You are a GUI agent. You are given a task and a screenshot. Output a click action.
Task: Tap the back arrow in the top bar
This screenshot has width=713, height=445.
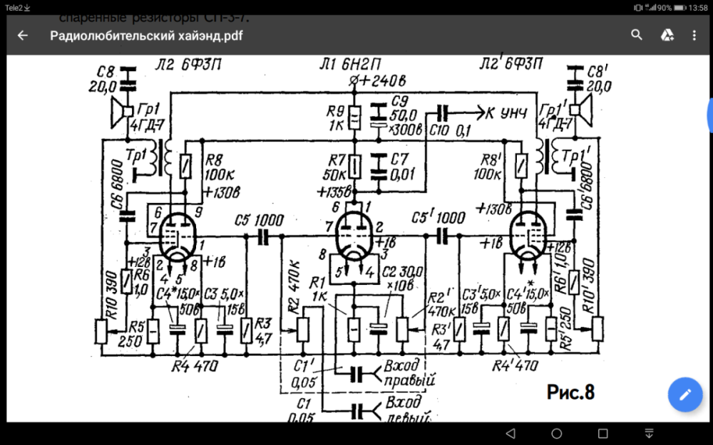(23, 35)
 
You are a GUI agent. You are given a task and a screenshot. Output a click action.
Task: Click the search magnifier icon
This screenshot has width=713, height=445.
(636, 35)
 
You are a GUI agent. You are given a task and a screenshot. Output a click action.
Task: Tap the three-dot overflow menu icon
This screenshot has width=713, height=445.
(694, 35)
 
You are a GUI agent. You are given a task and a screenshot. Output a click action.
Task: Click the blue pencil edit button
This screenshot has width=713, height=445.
(685, 395)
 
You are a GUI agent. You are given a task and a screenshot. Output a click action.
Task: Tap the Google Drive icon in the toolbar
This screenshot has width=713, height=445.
(667, 35)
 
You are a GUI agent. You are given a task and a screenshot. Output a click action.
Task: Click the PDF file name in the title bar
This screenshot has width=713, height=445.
(146, 36)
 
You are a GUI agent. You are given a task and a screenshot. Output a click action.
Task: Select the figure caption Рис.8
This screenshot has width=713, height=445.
(570, 391)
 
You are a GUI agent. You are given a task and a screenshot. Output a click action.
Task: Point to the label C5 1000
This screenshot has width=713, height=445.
(260, 220)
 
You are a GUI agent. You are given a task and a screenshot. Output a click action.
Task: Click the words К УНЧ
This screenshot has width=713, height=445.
(508, 112)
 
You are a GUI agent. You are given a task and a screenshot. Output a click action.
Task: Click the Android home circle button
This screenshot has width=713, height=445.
(557, 434)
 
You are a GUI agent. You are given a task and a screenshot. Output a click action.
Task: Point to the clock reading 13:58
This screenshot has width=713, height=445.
(698, 7)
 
